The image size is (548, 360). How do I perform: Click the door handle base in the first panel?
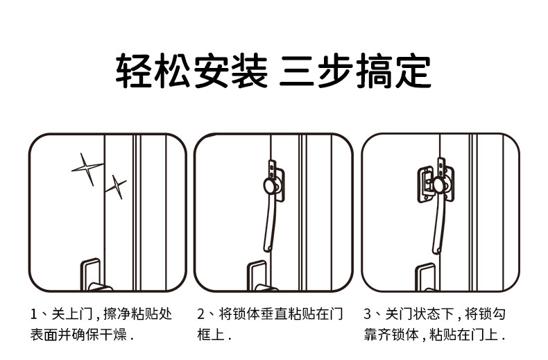[x=90, y=275]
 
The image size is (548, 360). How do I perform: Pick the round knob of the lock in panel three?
[x=439, y=183]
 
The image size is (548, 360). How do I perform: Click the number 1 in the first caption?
[x=33, y=314]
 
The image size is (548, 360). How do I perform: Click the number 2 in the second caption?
[x=201, y=314]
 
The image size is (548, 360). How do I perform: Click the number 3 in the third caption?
[x=368, y=314]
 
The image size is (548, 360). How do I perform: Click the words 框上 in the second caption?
[x=210, y=335]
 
